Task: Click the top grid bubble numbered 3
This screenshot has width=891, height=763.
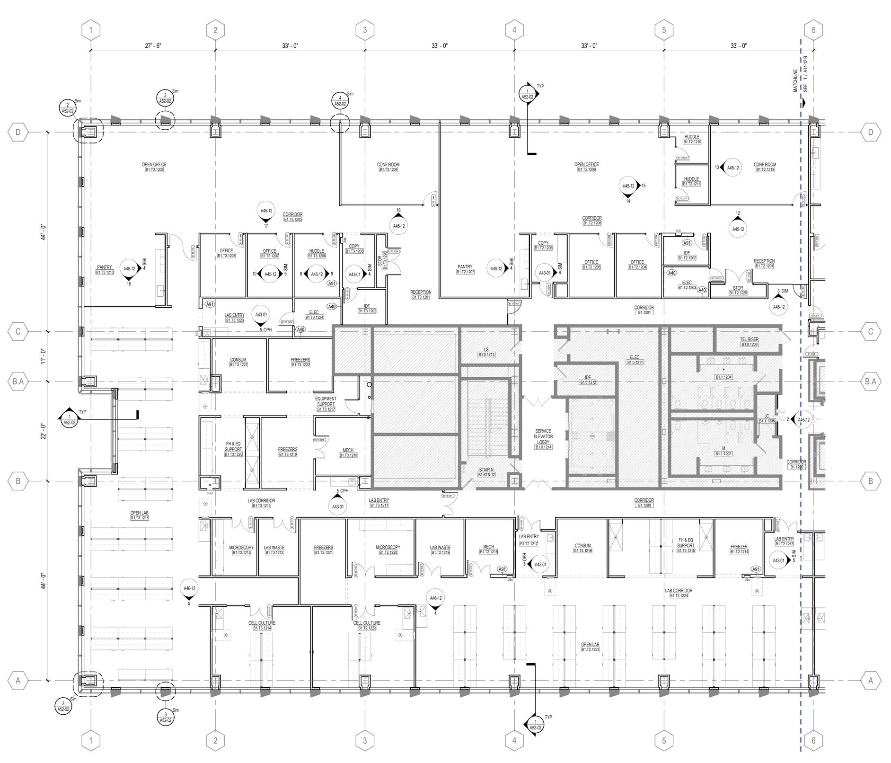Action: click(x=365, y=30)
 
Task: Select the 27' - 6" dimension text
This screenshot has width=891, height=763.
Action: click(x=153, y=46)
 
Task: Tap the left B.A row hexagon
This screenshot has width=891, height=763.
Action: click(x=18, y=381)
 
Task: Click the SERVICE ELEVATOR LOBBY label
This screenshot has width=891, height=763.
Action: click(x=543, y=439)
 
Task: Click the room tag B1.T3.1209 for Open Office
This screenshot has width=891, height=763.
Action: click(x=154, y=169)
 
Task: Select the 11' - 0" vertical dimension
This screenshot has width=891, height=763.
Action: click(x=43, y=356)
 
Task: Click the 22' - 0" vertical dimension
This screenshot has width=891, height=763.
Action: click(x=43, y=431)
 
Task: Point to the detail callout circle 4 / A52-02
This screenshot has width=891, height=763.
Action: click(x=340, y=101)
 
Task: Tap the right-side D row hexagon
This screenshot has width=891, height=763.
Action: click(x=871, y=132)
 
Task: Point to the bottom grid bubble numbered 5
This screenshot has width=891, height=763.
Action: click(x=664, y=740)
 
